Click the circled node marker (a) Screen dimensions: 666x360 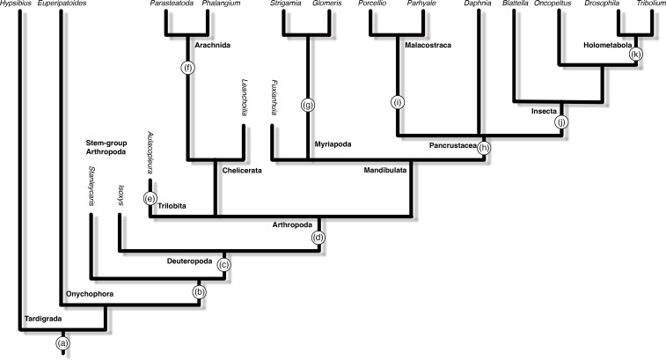coord(62,342)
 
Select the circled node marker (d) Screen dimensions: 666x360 coord(319,238)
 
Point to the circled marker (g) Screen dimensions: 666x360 coord(307,106)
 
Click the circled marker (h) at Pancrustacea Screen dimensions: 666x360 coord(483,149)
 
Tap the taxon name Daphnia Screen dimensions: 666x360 coord(478,5)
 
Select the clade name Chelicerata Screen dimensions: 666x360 coord(243,170)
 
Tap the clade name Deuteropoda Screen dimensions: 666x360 coord(190,261)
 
